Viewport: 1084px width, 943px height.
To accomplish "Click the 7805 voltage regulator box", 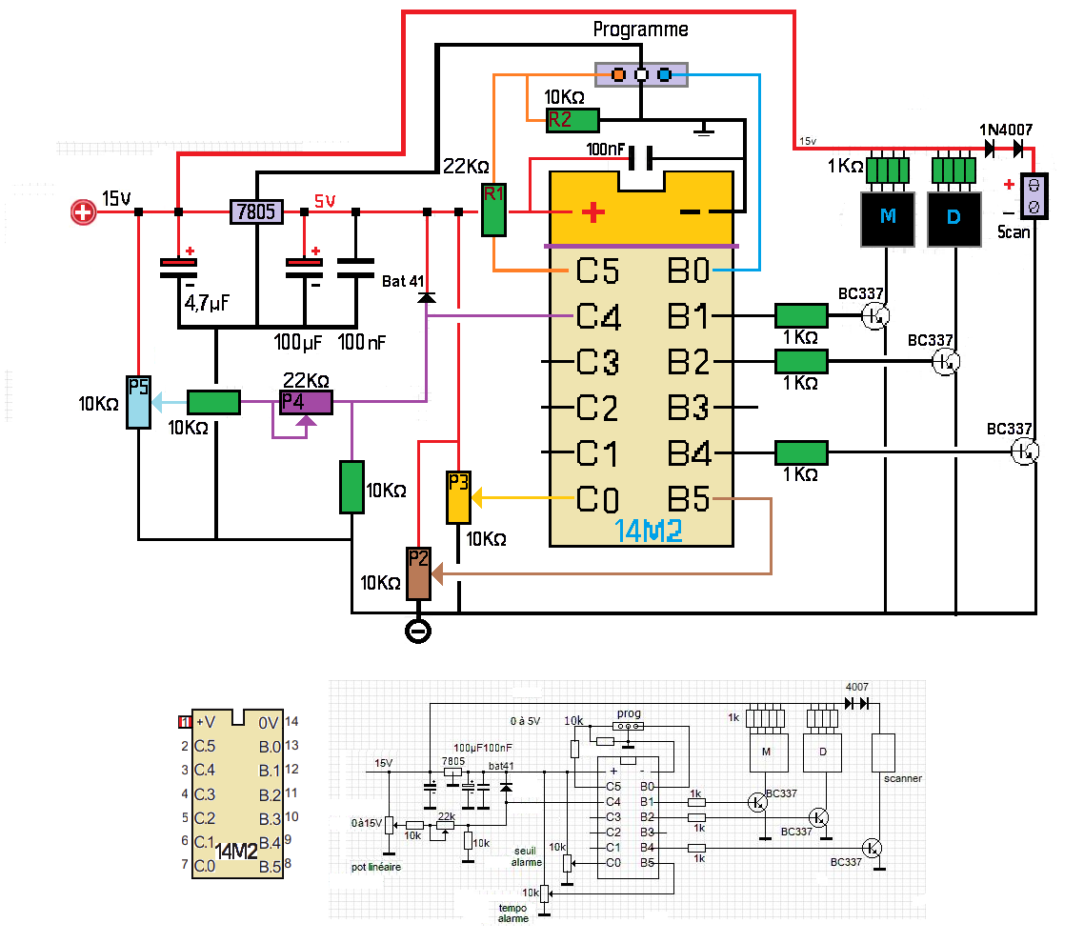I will click(x=257, y=211).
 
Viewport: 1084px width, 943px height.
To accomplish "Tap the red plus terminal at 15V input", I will click(x=84, y=211).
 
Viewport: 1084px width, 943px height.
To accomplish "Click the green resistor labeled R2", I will click(x=572, y=120).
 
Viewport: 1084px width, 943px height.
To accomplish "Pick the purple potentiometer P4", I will click(x=305, y=402).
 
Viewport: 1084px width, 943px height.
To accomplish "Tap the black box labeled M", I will click(x=888, y=217).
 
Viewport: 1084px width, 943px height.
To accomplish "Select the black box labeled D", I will click(x=954, y=217).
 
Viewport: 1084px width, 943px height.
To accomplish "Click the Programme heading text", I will click(x=640, y=30).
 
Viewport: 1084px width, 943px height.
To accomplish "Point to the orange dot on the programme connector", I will click(x=617, y=74).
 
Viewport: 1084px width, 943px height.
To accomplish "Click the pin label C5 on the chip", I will click(x=597, y=271).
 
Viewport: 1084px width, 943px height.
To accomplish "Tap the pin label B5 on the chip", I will click(x=689, y=498).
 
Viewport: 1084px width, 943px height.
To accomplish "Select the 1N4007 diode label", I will click(x=1006, y=130).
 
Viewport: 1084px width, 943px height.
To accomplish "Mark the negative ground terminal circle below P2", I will click(x=417, y=632).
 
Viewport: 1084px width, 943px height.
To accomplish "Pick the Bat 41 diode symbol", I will click(x=427, y=296).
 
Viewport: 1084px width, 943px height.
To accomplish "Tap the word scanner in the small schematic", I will click(x=904, y=778).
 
